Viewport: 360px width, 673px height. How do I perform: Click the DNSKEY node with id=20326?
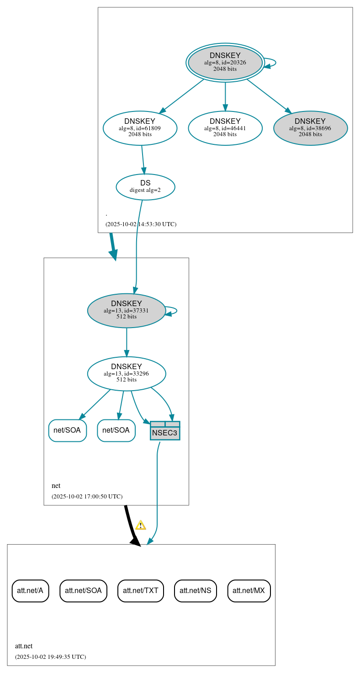pyautogui.click(x=225, y=63)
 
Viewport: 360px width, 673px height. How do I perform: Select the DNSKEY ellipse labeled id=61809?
pyautogui.click(x=140, y=128)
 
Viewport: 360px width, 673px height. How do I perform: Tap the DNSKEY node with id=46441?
pyautogui.click(x=225, y=128)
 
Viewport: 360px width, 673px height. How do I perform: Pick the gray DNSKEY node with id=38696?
pyautogui.click(x=310, y=128)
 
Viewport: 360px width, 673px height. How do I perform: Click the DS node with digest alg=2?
pyautogui.click(x=145, y=186)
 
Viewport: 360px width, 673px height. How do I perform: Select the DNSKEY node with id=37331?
pyautogui.click(x=127, y=310)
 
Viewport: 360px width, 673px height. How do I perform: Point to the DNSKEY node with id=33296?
pyautogui.click(x=127, y=373)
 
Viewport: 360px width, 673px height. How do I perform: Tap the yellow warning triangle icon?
pyautogui.click(x=141, y=525)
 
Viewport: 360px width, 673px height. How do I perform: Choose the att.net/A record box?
pyautogui.click(x=30, y=590)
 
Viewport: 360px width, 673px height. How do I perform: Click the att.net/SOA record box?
pyautogui.click(x=83, y=590)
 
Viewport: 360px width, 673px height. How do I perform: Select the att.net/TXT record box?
pyautogui.click(x=140, y=590)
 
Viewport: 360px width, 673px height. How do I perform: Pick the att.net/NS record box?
pyautogui.click(x=195, y=590)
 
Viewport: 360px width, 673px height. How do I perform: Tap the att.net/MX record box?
pyautogui.click(x=249, y=590)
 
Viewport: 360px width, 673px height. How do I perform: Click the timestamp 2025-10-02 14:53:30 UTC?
pyautogui.click(x=141, y=224)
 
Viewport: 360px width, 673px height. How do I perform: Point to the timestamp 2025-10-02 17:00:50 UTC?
pyautogui.click(x=87, y=496)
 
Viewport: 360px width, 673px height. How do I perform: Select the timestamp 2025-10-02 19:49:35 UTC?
pyautogui.click(x=50, y=657)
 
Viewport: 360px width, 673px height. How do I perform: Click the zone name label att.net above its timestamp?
pyautogui.click(x=24, y=646)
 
